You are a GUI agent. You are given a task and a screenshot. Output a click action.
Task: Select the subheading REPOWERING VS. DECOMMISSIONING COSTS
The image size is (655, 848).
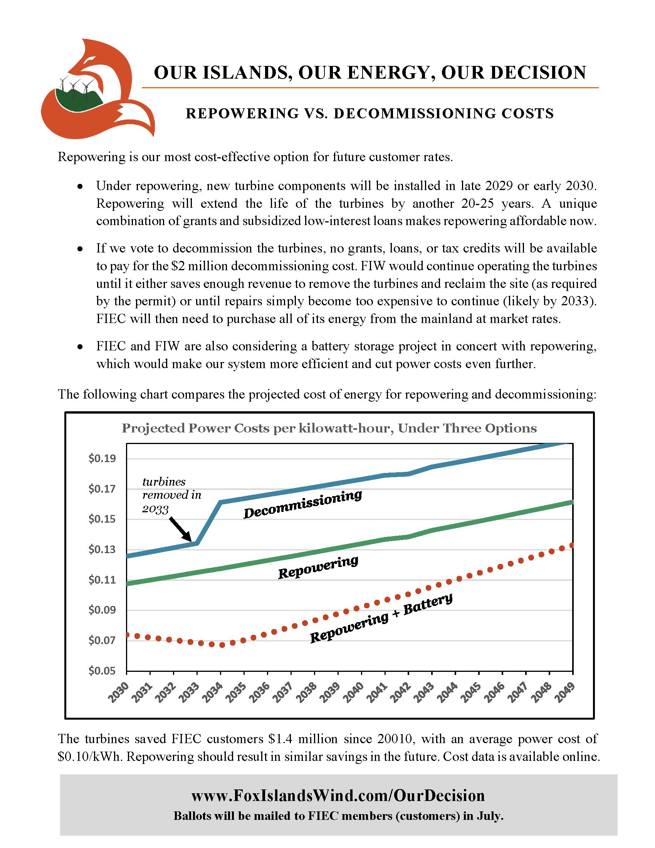(369, 113)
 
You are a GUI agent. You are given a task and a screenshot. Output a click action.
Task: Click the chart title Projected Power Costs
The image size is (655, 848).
(329, 428)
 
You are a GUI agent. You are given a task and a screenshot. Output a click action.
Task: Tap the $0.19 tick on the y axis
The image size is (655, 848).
(102, 459)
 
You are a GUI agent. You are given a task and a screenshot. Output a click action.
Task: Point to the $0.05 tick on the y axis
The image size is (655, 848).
(102, 671)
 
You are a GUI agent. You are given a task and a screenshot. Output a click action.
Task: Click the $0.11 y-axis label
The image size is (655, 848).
(102, 580)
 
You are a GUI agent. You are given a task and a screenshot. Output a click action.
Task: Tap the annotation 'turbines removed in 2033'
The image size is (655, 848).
(171, 495)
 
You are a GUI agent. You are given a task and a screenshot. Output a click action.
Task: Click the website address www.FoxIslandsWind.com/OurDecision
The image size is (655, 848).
(338, 795)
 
